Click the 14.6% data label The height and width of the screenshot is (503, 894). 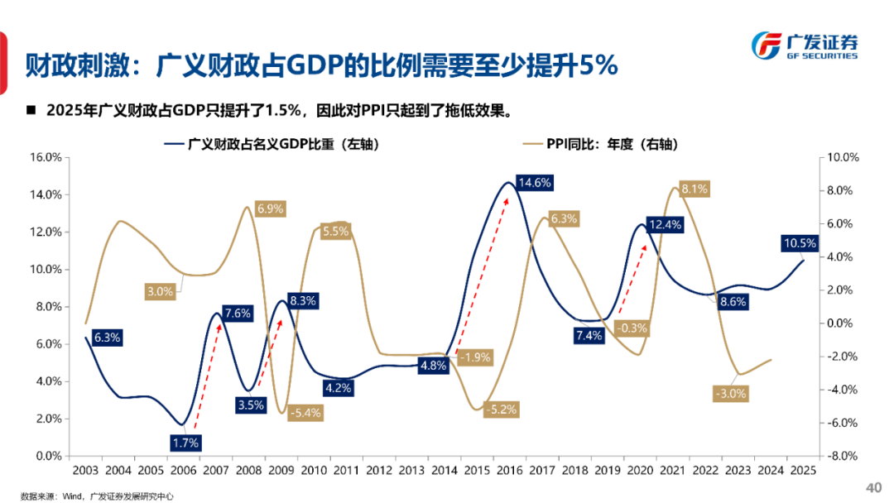pos(534,182)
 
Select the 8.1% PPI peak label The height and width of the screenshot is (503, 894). pos(695,189)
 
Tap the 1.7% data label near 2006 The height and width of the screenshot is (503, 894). pos(185,443)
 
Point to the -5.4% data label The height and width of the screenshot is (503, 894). pos(305,412)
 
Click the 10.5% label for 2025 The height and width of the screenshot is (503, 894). pos(799,243)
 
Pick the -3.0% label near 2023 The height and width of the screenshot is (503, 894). pos(729,394)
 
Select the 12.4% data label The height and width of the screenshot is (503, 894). pos(665,224)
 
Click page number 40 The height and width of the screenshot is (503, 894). pos(873,486)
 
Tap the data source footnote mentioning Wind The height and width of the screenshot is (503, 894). pos(98,495)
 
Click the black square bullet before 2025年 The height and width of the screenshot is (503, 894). pos(31,110)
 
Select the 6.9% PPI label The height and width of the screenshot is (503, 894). pos(269,209)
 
